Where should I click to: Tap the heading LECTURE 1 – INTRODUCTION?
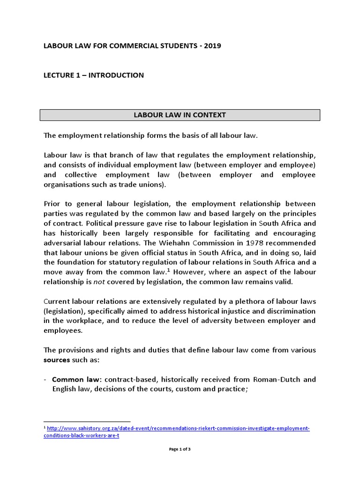(x=94, y=75)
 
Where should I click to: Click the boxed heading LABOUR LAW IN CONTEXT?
(x=180, y=115)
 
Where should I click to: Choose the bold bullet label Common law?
(x=71, y=379)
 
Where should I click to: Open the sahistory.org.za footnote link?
(x=178, y=428)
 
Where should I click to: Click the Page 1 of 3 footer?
(x=180, y=449)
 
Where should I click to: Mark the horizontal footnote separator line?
(x=87, y=421)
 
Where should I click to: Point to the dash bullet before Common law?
(x=45, y=379)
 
